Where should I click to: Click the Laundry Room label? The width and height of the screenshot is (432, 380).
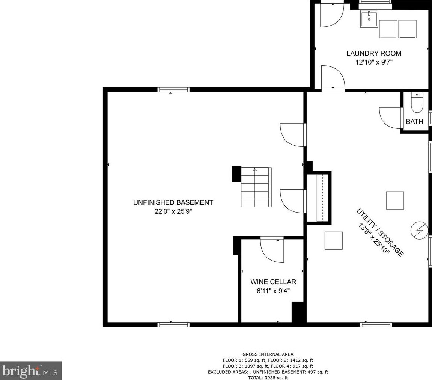pos(373,53)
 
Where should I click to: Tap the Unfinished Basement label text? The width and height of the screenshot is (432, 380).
pos(173,202)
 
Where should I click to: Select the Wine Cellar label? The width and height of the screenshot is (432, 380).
pos(273,282)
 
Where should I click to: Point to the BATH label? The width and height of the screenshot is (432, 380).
pos(414,121)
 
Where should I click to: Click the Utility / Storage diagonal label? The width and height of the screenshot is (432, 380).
pos(380,232)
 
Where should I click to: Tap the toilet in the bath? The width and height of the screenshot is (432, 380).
pos(417,103)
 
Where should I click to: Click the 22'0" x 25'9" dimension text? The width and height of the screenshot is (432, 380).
pos(173,211)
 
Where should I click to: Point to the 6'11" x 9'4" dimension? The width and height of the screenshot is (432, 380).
pos(273,291)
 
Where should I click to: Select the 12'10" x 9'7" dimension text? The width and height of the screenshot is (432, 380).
pos(373,62)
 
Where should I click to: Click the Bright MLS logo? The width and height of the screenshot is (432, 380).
pos(30,371)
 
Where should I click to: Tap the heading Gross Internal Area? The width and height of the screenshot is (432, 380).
pos(268,354)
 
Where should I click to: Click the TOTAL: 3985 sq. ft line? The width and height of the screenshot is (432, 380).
pos(268,378)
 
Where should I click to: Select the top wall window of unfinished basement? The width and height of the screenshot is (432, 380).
pos(173,90)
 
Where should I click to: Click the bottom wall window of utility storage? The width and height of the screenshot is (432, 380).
pos(376,324)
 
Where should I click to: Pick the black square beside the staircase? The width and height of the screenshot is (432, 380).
pos(236,174)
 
